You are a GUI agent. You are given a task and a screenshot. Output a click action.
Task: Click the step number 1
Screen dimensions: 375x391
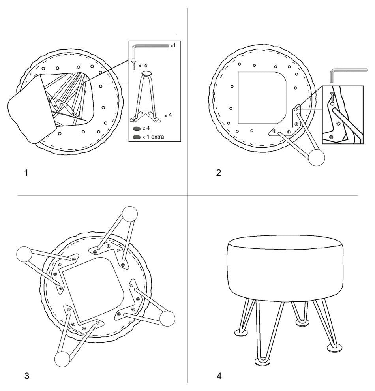click(x=26, y=173)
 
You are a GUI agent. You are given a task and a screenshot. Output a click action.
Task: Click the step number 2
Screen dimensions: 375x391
click(x=219, y=173)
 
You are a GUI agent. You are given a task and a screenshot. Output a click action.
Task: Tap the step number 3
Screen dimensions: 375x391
click(x=27, y=376)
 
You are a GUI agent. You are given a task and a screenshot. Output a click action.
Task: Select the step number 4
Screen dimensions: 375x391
click(x=219, y=376)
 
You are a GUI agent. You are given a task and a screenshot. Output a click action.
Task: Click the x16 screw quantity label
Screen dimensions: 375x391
click(x=143, y=65)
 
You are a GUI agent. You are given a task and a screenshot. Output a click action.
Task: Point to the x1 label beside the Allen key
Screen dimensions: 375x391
click(x=173, y=46)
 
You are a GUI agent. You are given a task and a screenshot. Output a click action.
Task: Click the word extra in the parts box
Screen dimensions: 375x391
click(x=157, y=137)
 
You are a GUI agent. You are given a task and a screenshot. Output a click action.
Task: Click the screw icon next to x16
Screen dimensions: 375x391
click(x=134, y=65)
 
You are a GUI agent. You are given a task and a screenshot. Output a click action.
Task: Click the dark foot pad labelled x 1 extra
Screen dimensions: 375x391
click(x=137, y=137)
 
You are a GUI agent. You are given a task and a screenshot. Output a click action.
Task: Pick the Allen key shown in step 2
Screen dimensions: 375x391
click(x=348, y=75)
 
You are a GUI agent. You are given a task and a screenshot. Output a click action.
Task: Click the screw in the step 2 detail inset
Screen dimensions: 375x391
click(x=332, y=96)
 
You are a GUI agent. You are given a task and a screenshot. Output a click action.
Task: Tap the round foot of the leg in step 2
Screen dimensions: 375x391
click(x=317, y=158)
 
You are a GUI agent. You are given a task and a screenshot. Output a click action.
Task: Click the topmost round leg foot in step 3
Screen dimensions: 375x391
click(x=130, y=214)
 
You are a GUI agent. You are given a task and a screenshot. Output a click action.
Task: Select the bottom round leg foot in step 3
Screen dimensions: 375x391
click(x=62, y=359)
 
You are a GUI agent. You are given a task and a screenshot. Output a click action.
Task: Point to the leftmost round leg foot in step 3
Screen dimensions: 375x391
click(x=24, y=254)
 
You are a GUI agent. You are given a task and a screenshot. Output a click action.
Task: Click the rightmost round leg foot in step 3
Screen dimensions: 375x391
click(x=167, y=318)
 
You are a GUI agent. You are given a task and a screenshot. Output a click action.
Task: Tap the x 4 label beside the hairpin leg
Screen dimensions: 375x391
click(x=168, y=115)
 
